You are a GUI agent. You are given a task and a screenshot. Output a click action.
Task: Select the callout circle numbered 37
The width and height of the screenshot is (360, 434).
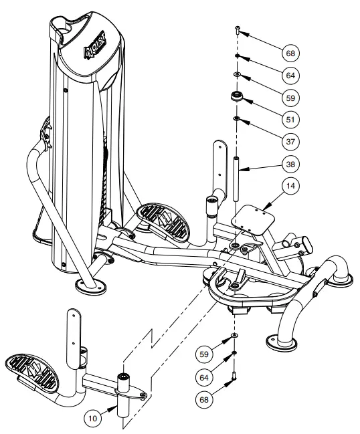point(290,141)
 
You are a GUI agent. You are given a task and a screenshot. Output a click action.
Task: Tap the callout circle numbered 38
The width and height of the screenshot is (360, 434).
point(290,164)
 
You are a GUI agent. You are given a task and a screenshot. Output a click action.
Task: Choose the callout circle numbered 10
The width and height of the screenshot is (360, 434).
point(94,417)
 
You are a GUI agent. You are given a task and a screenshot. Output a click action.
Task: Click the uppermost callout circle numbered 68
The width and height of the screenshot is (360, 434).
point(290,51)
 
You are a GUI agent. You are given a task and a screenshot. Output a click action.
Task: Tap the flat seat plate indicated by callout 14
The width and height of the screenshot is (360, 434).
point(253,219)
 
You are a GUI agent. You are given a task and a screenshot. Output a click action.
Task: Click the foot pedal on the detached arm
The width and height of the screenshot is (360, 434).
point(34,371)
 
